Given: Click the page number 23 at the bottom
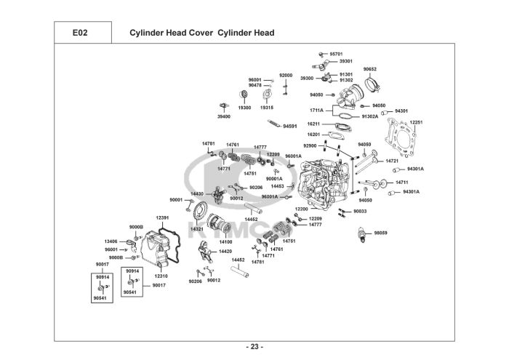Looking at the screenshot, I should pyautogui.click(x=254, y=346).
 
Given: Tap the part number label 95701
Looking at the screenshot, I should pyautogui.click(x=336, y=54).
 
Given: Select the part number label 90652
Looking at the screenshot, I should pyautogui.click(x=369, y=69).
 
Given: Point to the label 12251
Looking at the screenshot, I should pyautogui.click(x=415, y=122).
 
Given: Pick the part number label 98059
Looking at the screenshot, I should pyautogui.click(x=380, y=233).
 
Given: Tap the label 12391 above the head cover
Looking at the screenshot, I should pyautogui.click(x=162, y=217).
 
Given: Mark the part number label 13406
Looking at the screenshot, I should pyautogui.click(x=111, y=241).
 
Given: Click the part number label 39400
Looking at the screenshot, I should pyautogui.click(x=223, y=116).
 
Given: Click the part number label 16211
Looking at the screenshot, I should pyautogui.click(x=313, y=124).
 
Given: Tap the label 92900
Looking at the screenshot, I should pyautogui.click(x=310, y=145).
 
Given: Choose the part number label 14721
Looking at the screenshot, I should pyautogui.click(x=392, y=161).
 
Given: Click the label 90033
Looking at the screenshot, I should pyautogui.click(x=360, y=211).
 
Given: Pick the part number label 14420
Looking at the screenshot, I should pyautogui.click(x=225, y=251).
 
